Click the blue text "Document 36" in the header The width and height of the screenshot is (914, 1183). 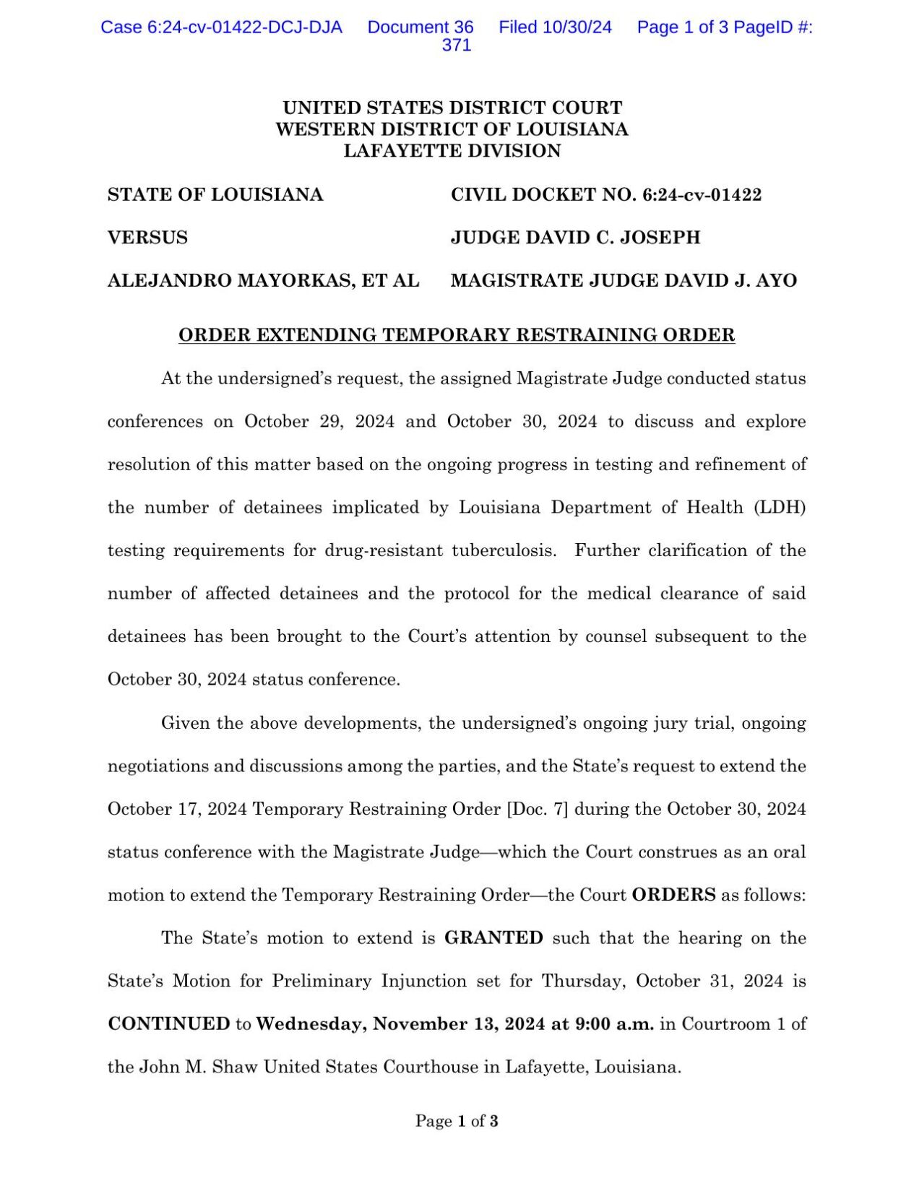point(421,27)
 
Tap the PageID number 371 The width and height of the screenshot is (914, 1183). point(457,45)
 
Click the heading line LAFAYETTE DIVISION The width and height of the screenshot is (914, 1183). point(452,151)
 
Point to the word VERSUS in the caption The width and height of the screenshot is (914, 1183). point(147,238)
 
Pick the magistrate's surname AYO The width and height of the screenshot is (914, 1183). point(777,281)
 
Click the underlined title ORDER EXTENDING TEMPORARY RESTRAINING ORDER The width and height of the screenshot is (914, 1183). point(457,335)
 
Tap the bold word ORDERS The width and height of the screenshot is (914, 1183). point(673,895)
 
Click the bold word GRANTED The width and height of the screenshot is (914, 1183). point(493,938)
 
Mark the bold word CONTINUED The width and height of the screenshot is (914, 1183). point(169,1024)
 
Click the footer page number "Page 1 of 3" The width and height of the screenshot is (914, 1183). point(457,1122)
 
